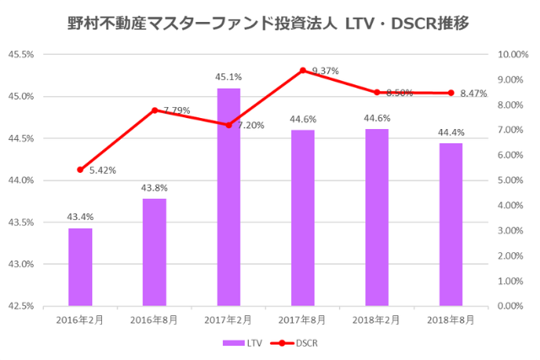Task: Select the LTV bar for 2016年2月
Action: pos(80,266)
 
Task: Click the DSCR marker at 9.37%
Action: pos(303,71)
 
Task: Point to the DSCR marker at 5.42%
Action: pos(80,169)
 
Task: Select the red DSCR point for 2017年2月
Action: pos(229,125)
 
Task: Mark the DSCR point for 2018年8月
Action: pos(451,93)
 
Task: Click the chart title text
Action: pos(269,24)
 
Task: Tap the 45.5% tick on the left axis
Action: pos(20,55)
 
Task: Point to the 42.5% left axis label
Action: pos(20,306)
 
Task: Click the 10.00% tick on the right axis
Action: pos(513,55)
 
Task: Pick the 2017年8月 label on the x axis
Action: pos(303,320)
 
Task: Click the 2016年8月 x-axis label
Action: pos(154,320)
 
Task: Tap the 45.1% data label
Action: pos(228,78)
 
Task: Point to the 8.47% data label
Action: pos(474,94)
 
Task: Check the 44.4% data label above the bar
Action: pos(451,132)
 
